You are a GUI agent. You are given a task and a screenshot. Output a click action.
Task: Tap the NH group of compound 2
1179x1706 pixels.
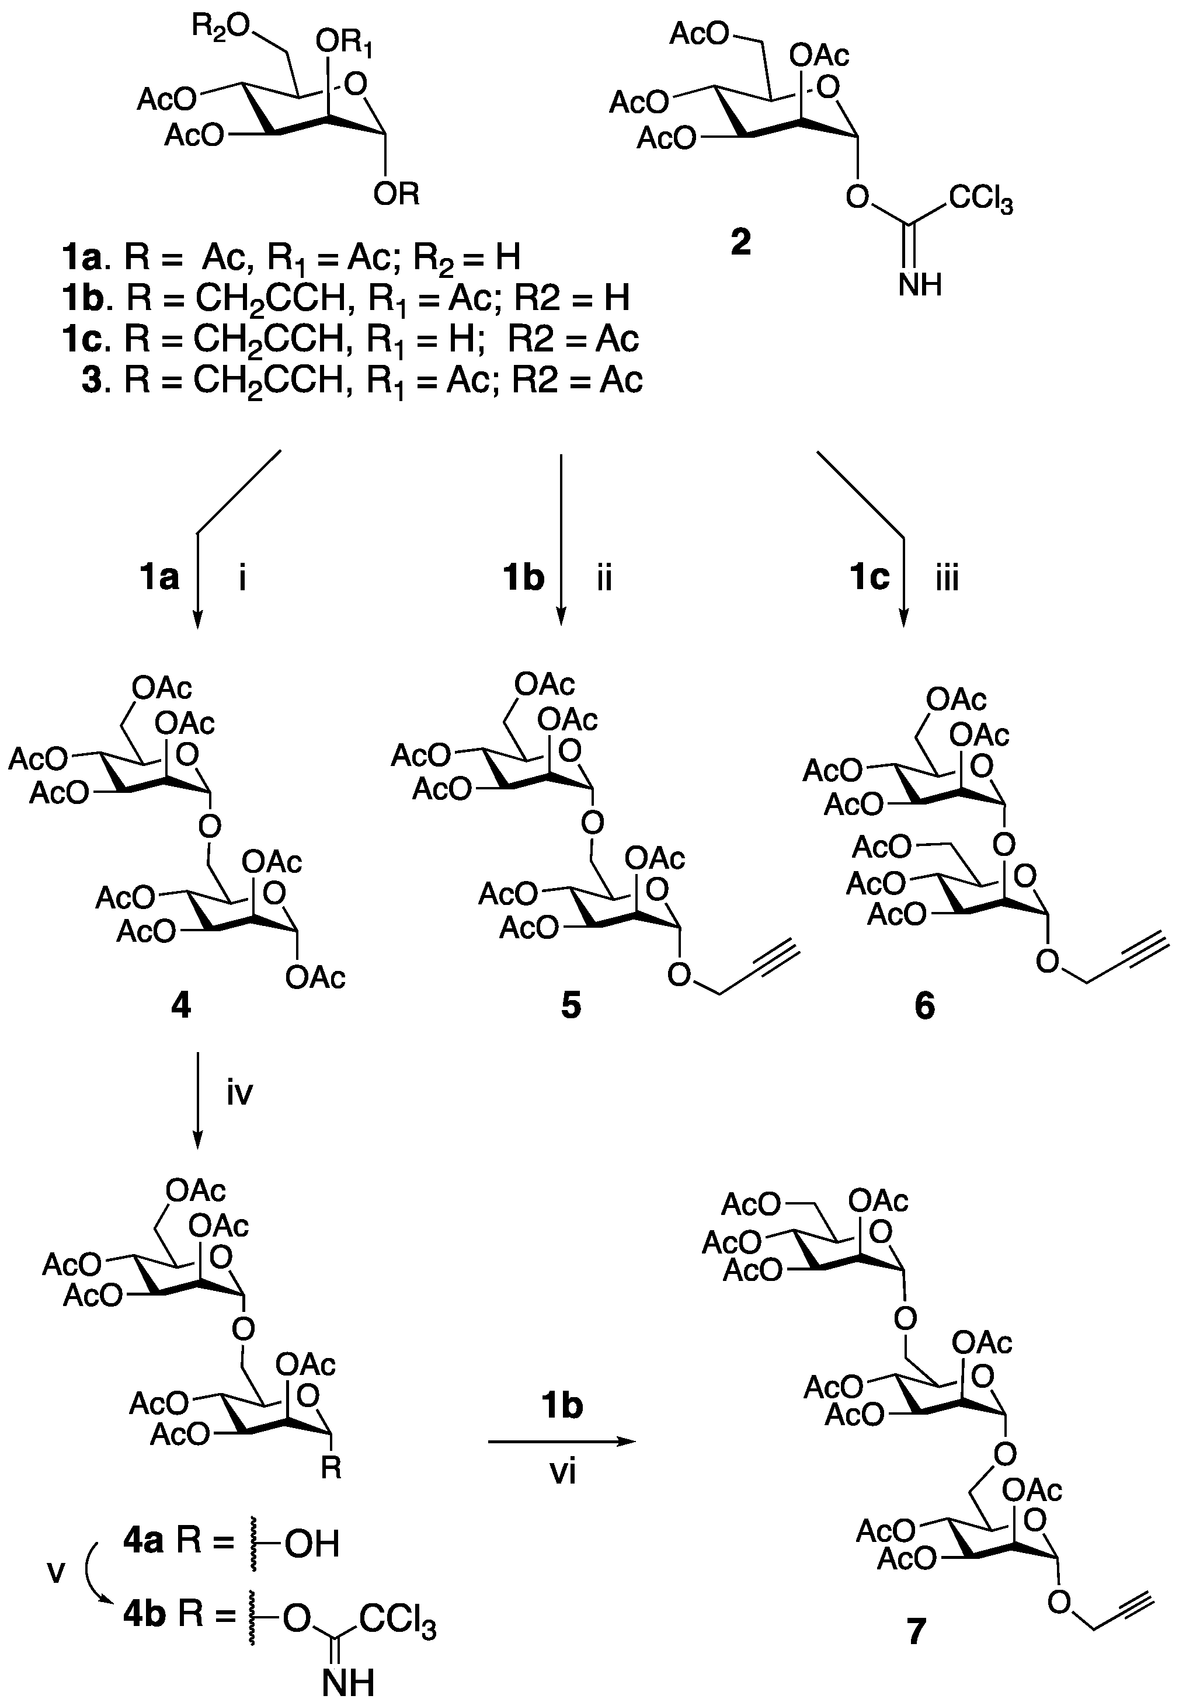click(x=920, y=284)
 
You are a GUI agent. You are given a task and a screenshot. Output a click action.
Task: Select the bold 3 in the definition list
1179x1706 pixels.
click(x=92, y=380)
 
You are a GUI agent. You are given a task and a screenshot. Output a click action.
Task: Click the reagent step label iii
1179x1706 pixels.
click(x=947, y=578)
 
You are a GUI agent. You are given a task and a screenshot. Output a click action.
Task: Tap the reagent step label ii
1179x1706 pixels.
click(x=604, y=578)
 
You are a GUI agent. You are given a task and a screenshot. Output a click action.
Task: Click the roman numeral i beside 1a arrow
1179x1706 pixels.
click(x=242, y=578)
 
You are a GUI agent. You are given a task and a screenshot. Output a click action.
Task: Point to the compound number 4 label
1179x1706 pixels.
click(x=180, y=1004)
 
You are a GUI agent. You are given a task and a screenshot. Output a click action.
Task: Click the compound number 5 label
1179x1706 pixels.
click(x=571, y=1004)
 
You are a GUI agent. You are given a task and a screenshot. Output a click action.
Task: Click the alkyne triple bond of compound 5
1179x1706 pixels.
click(x=777, y=952)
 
